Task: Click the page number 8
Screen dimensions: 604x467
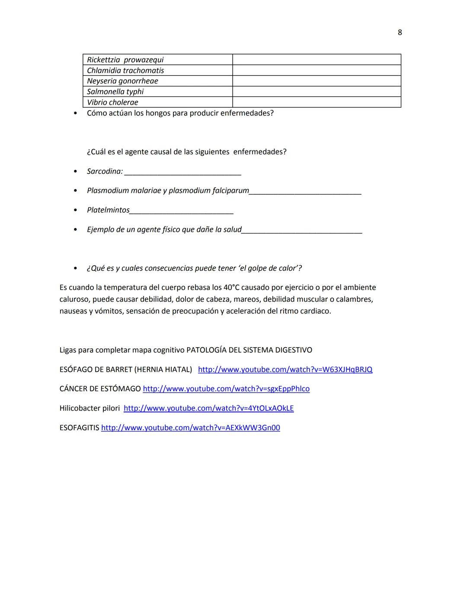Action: tap(400, 32)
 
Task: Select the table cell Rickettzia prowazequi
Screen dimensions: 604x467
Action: tap(125, 60)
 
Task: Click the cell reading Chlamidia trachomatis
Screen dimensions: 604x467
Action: tap(125, 70)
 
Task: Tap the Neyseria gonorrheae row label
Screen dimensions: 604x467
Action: tap(122, 81)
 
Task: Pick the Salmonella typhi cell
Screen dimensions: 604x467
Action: tap(115, 92)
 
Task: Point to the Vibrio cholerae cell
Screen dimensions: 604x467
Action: tap(112, 102)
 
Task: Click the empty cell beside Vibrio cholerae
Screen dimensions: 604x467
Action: tap(317, 102)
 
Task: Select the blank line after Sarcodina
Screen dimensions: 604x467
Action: tap(182, 172)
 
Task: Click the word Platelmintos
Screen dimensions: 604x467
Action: tap(108, 210)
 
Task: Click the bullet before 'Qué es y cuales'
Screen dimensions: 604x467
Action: tap(76, 268)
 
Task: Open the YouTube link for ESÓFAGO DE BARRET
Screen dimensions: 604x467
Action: tap(285, 370)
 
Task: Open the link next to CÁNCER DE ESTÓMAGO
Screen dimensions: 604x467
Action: tap(226, 389)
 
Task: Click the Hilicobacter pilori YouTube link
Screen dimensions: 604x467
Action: tap(208, 409)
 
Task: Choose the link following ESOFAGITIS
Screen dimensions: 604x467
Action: tap(190, 428)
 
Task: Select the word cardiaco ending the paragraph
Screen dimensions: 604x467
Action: tap(316, 311)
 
